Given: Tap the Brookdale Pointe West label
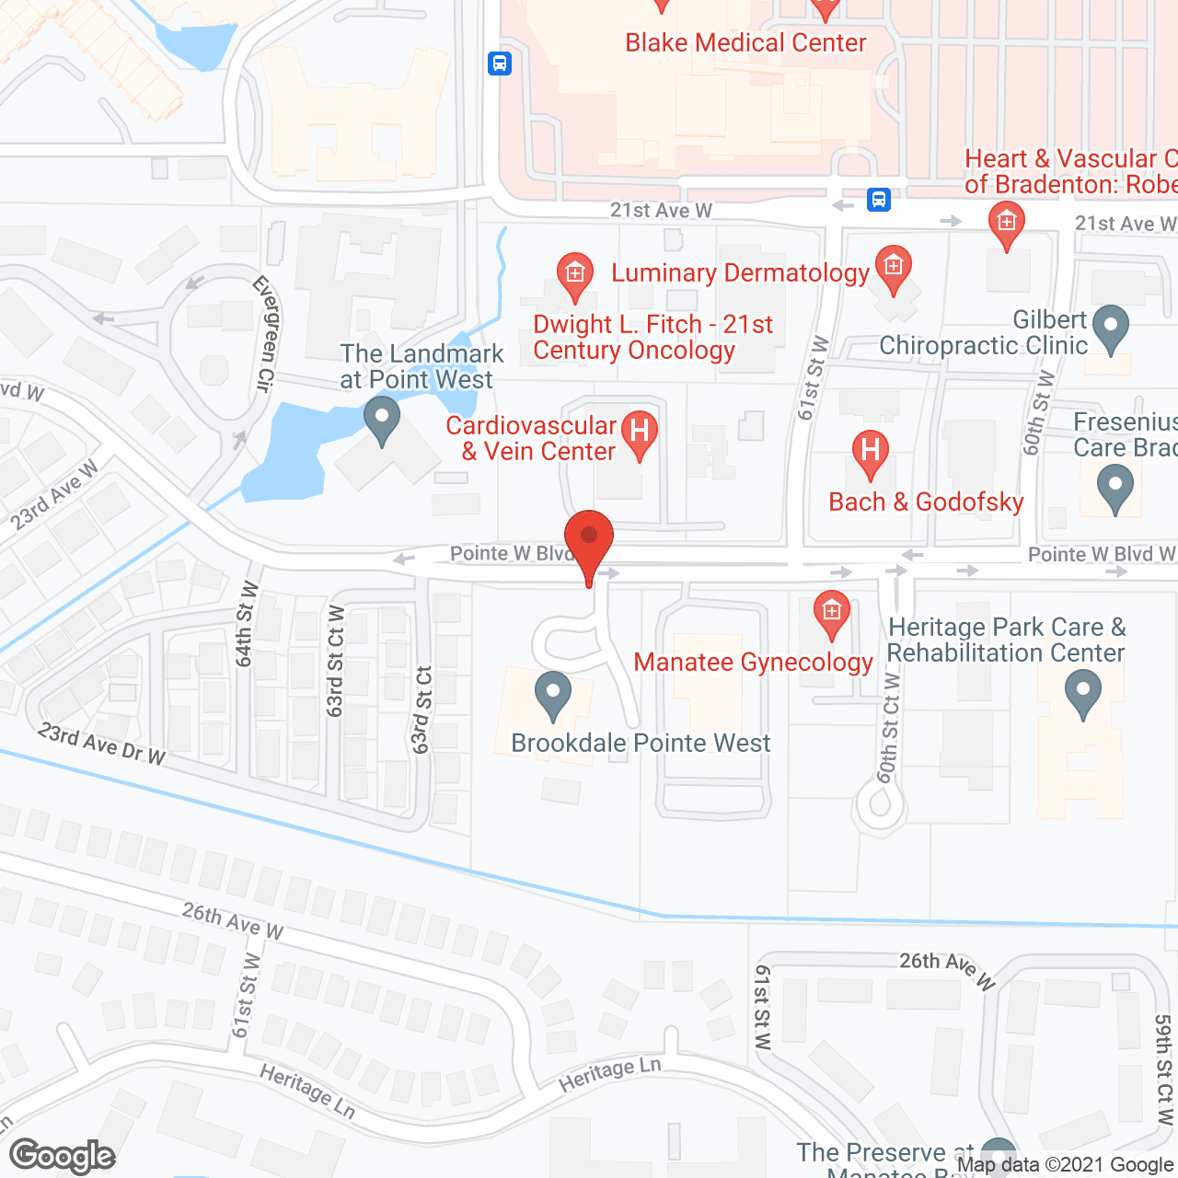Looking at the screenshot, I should [641, 744].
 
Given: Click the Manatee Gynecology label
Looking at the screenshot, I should [753, 663].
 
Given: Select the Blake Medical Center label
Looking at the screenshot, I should [745, 43].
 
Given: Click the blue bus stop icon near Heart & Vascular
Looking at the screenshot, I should [879, 199].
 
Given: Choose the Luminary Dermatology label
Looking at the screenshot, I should [740, 273].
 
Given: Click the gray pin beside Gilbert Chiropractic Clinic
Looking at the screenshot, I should [1112, 329].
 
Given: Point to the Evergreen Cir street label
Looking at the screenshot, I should [264, 333].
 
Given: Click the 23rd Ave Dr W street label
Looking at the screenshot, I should [101, 745].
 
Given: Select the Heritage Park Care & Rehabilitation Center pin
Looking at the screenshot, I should [1083, 694].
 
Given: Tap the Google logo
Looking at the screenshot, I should [63, 1156].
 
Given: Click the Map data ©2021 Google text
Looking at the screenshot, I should [1065, 1165].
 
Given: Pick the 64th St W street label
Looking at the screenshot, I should [246, 623].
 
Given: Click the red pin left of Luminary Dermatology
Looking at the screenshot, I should [575, 277].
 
